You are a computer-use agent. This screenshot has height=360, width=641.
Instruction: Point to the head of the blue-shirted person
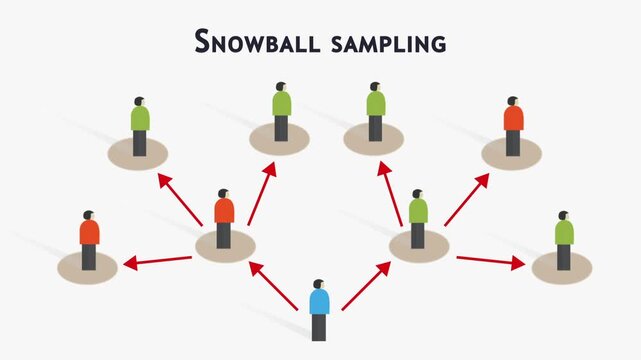[319, 284]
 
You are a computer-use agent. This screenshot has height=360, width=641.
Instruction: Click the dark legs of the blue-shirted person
[319, 327]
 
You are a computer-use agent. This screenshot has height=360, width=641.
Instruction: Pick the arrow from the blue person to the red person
[273, 285]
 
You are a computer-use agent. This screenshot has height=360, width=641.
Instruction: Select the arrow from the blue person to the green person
[366, 286]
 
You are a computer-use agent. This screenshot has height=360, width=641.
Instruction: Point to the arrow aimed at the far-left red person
[157, 262]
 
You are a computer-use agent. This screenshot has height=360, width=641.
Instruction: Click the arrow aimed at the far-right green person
[491, 262]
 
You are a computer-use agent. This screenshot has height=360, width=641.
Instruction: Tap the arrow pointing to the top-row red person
[466, 199]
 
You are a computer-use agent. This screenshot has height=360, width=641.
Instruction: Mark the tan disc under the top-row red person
[512, 153]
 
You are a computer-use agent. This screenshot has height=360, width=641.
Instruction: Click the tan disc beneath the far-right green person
[563, 268]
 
